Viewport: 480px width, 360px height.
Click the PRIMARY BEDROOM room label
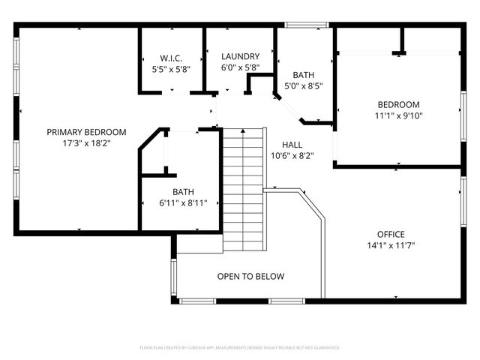click(86, 132)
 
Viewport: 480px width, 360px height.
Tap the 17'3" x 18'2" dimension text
click(86, 143)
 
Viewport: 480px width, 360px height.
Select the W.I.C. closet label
click(171, 58)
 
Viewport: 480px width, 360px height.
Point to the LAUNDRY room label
click(240, 56)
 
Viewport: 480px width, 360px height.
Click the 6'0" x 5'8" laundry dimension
click(240, 67)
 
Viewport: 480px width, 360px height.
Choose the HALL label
click(292, 145)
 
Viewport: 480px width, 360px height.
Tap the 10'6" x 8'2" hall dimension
click(292, 156)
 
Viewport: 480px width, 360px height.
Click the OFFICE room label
click(391, 233)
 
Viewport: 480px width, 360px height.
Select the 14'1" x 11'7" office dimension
click(391, 245)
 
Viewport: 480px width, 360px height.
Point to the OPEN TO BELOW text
click(250, 277)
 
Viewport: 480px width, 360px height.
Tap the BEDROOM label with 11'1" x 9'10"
click(398, 104)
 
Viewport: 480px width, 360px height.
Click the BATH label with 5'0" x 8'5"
click(304, 75)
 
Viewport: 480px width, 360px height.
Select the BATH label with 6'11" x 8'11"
click(184, 191)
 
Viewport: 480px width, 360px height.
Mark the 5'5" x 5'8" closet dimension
click(171, 69)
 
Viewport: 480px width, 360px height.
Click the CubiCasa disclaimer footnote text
click(240, 348)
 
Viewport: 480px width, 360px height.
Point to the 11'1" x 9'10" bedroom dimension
click(398, 115)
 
